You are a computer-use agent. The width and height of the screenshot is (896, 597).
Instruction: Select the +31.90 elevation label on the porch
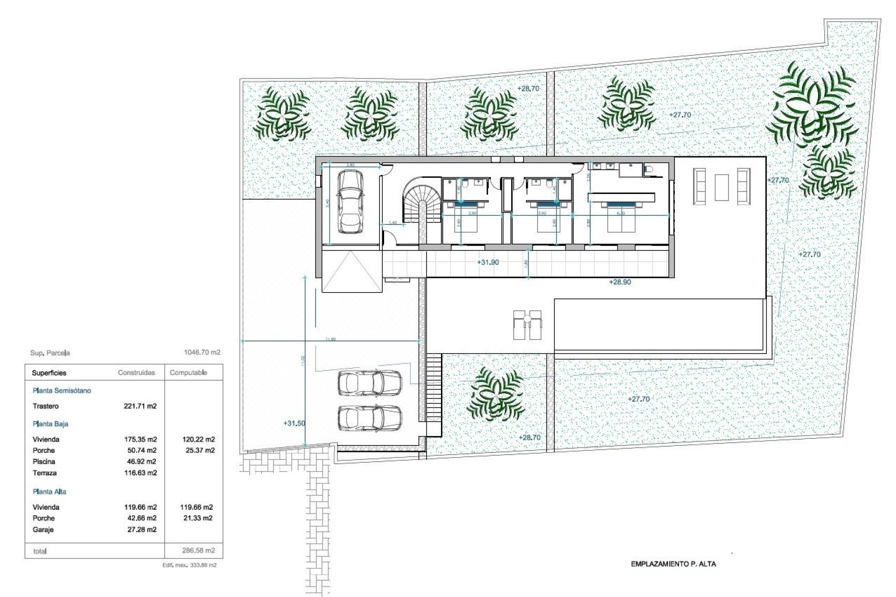(x=488, y=263)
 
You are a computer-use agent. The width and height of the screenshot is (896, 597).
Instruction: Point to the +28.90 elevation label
(x=620, y=282)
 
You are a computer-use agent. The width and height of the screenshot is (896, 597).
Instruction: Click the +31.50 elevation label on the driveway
(x=294, y=423)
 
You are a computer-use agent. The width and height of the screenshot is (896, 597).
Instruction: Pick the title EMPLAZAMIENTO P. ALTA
(x=673, y=564)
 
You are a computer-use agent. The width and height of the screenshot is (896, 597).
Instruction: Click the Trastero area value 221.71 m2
(x=140, y=406)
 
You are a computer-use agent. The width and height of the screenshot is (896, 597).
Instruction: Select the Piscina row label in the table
(x=44, y=462)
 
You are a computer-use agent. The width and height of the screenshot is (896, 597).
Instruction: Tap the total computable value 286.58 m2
(x=198, y=550)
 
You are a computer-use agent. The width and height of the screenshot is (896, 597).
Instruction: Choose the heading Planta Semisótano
(x=62, y=391)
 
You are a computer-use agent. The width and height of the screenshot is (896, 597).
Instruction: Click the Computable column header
(x=188, y=373)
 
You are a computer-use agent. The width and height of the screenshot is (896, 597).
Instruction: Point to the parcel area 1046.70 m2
(x=202, y=353)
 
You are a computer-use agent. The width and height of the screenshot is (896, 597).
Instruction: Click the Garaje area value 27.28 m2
(x=142, y=529)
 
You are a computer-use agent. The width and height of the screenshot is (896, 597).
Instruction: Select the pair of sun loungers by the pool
(x=527, y=325)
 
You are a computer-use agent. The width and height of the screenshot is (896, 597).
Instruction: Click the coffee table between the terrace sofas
(x=721, y=187)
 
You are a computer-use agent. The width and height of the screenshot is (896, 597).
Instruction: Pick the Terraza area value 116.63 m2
(x=140, y=473)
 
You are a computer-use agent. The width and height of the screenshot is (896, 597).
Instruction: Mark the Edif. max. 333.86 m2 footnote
(x=189, y=565)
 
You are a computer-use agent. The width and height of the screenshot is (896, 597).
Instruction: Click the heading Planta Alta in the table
(x=49, y=492)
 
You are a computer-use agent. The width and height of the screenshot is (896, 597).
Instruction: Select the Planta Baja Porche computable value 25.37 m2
(x=200, y=451)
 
